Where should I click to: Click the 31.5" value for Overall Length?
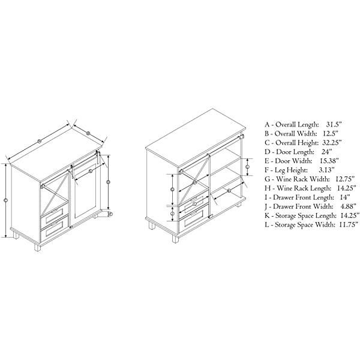pos(334,125)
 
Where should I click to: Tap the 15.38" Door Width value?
pos(329,161)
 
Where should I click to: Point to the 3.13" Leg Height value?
pos(327,170)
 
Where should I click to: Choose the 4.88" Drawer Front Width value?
pos(349,206)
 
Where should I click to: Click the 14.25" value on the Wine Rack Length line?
pos(347,188)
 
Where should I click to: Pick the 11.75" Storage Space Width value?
pos(349,224)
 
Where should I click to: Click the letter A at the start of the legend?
pos(267,125)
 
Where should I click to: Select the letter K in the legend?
pos(267,215)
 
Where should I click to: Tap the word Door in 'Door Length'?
pos(283,152)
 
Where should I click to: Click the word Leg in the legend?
pos(280,170)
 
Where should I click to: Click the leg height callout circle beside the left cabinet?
pos(110,214)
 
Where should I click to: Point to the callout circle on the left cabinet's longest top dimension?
pos(39,141)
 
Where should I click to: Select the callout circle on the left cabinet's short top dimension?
pos(88,133)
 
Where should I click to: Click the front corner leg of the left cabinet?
pos(37,247)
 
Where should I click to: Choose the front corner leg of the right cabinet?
pos(175,238)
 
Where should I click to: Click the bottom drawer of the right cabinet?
pos(194,220)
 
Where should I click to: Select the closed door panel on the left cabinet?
pos(85,192)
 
